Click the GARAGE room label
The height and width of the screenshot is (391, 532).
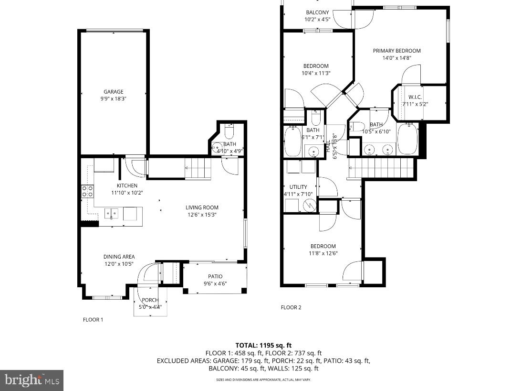coord(114,92)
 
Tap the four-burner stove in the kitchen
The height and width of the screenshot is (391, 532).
coord(87,191)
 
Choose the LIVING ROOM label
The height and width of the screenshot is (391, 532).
coord(202,207)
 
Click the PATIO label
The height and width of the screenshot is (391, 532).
coord(215,276)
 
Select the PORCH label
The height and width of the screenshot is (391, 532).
coord(150,300)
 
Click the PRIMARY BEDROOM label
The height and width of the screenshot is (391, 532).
coord(396,51)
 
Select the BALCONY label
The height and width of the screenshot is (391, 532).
coord(317,12)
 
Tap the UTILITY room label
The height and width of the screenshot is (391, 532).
coord(298,187)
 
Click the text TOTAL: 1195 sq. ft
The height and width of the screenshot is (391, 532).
coord(263,345)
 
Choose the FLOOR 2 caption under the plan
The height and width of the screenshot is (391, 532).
coord(291,307)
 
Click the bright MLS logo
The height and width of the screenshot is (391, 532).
coord(31,380)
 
